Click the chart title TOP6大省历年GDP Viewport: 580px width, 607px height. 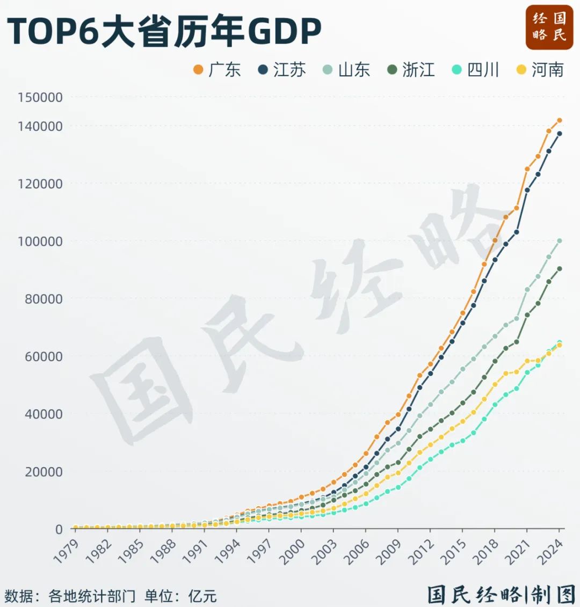click(x=164, y=31)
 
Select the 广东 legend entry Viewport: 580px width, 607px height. click(x=216, y=70)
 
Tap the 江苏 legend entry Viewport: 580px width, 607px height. click(x=281, y=70)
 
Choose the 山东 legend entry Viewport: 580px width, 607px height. click(x=346, y=70)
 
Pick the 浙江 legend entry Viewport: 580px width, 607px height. click(x=410, y=70)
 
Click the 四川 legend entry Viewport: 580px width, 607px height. click(x=475, y=70)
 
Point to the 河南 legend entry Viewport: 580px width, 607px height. click(x=540, y=70)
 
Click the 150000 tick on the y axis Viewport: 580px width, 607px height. click(x=40, y=98)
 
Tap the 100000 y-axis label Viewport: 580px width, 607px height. click(x=40, y=242)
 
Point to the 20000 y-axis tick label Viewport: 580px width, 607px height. click(x=44, y=472)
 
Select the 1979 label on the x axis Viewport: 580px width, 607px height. click(x=67, y=551)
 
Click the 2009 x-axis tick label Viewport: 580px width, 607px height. click(x=389, y=551)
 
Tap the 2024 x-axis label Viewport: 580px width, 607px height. click(x=550, y=551)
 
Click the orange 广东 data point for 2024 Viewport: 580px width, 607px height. click(x=559, y=120)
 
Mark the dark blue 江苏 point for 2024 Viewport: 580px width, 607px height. click(x=559, y=134)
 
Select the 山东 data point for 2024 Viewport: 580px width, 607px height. click(x=559, y=241)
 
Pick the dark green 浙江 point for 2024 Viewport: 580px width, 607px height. click(x=559, y=269)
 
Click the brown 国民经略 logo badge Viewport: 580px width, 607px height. click(x=549, y=27)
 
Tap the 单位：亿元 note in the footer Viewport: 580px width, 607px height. click(x=180, y=595)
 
